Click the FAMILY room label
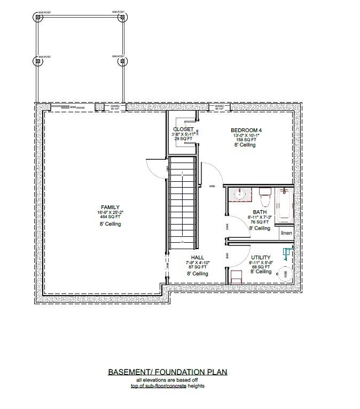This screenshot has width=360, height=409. [111, 207]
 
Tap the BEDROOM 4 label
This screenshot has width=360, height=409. [246, 130]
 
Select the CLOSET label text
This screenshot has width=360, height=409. [183, 129]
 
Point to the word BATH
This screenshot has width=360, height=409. [260, 212]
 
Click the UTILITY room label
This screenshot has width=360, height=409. [260, 258]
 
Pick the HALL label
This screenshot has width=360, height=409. [197, 258]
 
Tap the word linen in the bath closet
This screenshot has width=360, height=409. [286, 233]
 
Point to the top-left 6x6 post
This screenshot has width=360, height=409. [38, 17]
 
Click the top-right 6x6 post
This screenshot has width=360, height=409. [122, 17]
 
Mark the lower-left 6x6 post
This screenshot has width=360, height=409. [38, 61]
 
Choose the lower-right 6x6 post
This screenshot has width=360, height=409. [122, 61]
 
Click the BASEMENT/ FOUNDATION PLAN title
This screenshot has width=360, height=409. [168, 372]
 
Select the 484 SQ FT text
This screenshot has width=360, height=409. [111, 217]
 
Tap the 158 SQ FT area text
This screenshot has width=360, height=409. [246, 140]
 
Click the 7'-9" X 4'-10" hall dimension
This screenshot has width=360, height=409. [197, 263]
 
